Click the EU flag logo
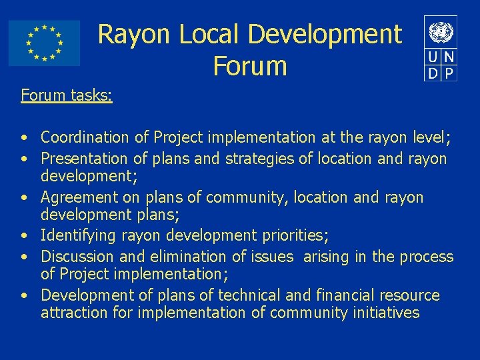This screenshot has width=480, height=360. (x=44, y=43)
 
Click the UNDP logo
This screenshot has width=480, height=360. (x=441, y=48)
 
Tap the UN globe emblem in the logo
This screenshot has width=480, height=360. (x=441, y=31)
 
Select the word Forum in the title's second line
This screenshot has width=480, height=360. (x=250, y=66)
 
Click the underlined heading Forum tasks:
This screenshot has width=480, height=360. (x=67, y=95)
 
